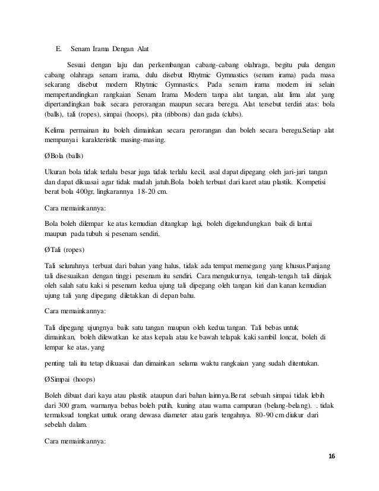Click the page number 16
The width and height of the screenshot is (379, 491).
pos(331,456)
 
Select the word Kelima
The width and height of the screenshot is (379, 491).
pos(55,130)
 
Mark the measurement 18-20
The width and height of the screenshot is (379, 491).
pos(167,192)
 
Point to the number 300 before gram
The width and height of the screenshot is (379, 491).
pos(62,405)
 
